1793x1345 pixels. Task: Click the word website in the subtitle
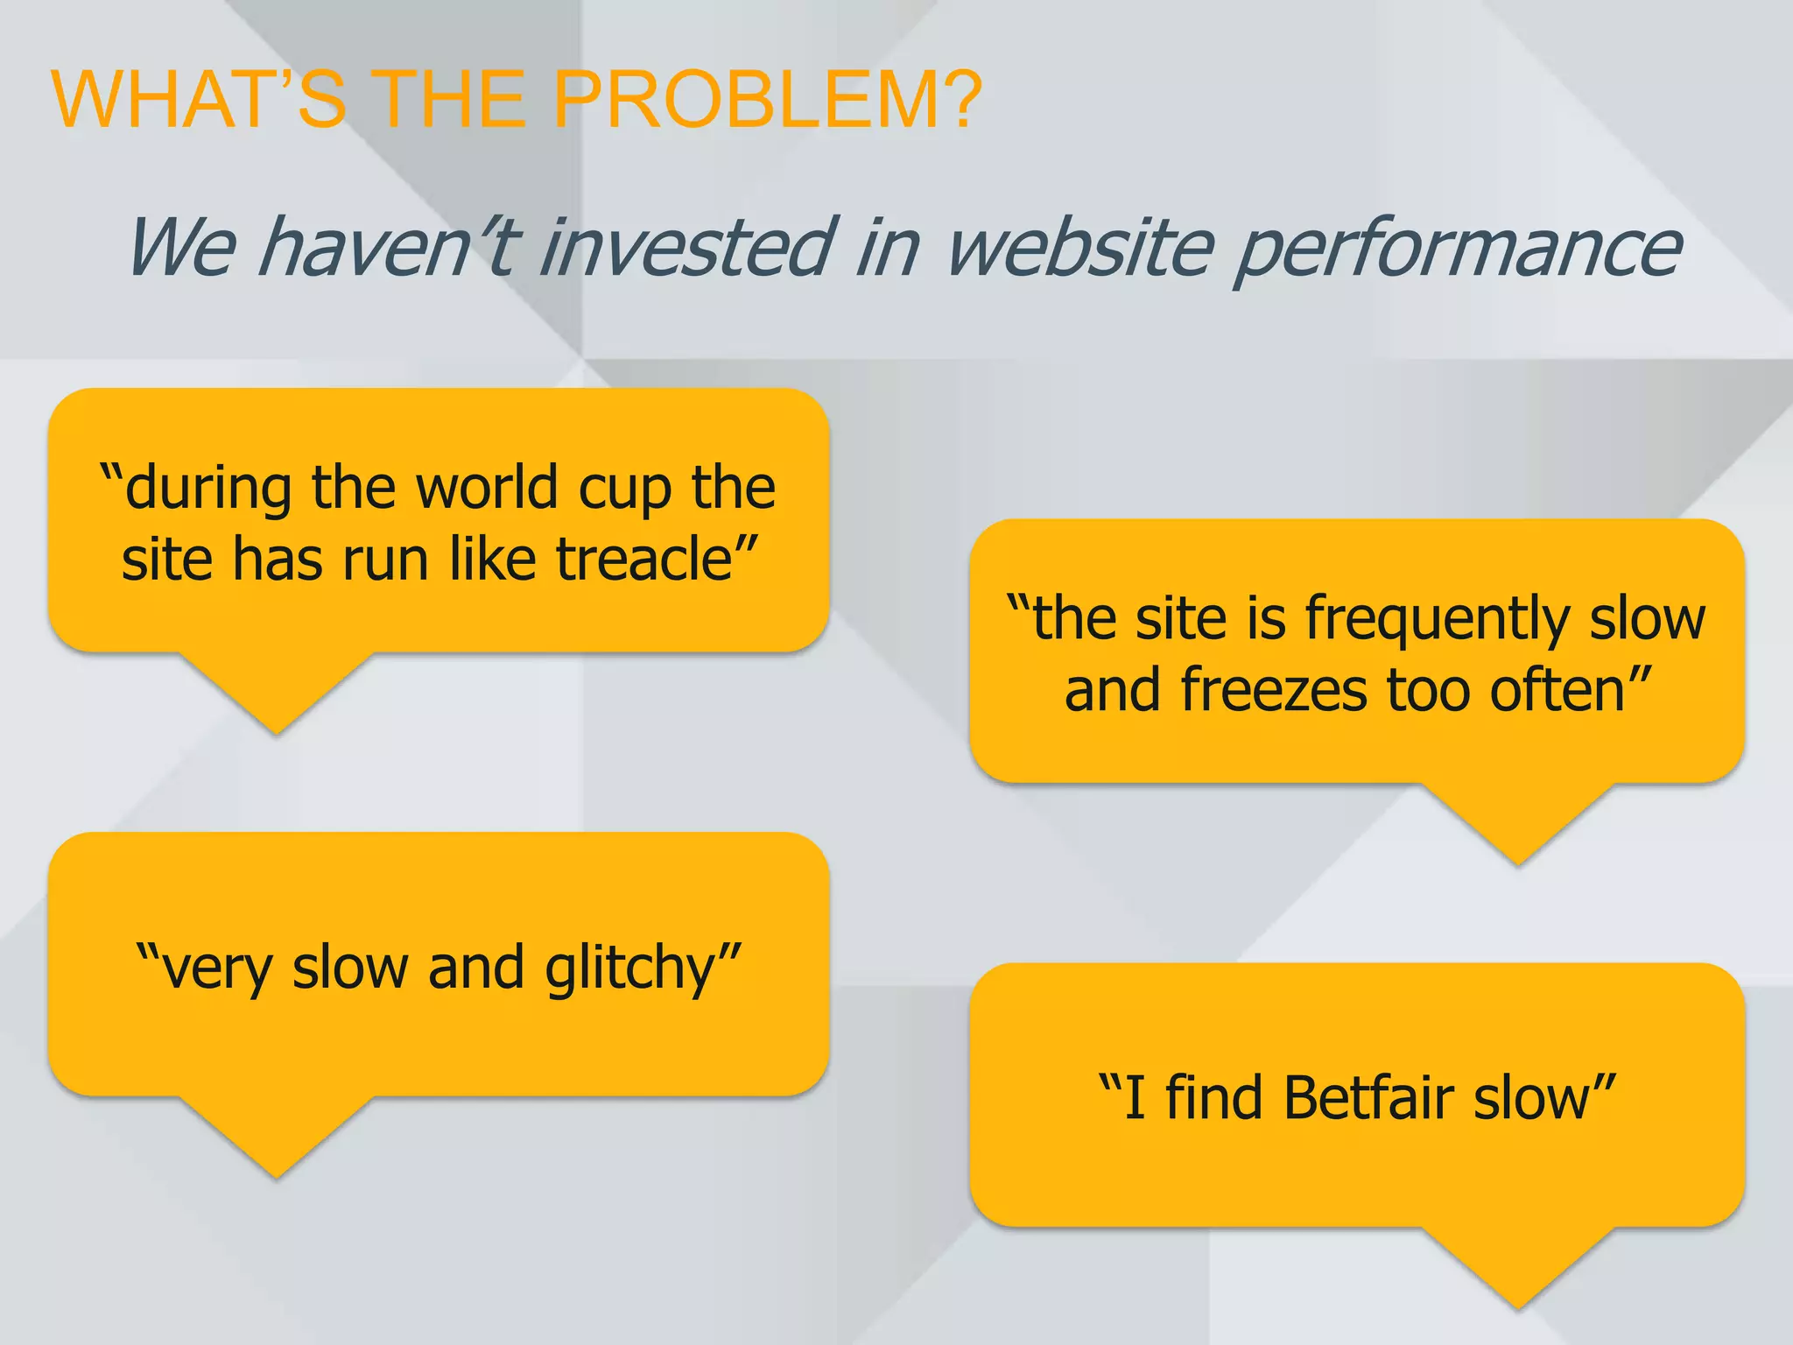[x=1080, y=248]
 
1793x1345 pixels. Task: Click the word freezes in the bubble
[x=1275, y=691]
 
